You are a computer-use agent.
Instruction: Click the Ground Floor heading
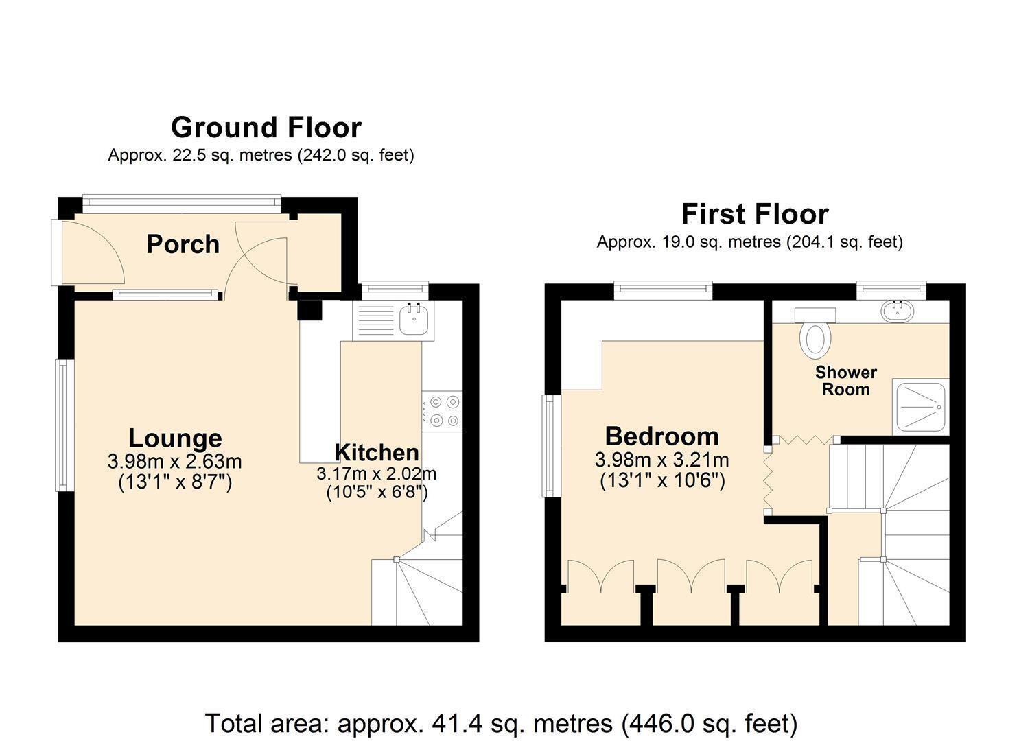click(266, 128)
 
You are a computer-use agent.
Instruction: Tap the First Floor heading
click(755, 214)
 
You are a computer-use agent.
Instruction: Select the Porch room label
click(183, 244)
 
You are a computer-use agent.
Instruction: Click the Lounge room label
click(175, 438)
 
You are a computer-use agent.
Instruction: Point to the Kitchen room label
click(377, 453)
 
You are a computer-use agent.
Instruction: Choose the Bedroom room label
click(662, 436)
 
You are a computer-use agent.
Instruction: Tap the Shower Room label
click(845, 381)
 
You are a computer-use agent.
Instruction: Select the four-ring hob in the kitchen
click(442, 412)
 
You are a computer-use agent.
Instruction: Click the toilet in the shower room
click(815, 340)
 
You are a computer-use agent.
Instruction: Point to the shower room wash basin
click(898, 311)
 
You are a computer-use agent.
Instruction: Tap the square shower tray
click(920, 406)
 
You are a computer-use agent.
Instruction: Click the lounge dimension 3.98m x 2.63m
click(175, 462)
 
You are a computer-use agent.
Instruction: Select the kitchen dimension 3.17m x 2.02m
click(377, 474)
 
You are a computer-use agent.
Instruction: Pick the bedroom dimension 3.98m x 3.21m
click(662, 460)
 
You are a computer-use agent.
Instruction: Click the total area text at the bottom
click(502, 723)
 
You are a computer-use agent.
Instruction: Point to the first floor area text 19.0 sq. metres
click(750, 242)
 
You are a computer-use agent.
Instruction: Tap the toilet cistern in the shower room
click(815, 315)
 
